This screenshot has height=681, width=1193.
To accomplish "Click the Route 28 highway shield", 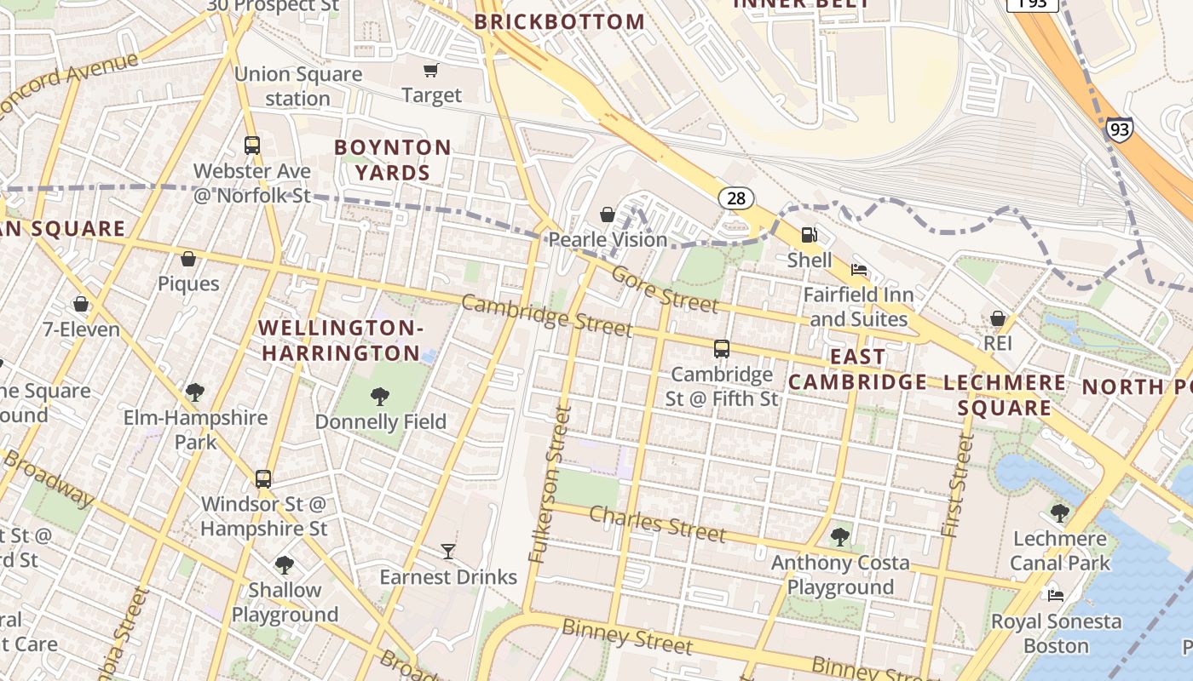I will [x=736, y=198].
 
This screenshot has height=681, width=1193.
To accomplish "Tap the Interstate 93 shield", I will [x=1120, y=129].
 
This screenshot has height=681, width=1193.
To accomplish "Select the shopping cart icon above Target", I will [x=431, y=70].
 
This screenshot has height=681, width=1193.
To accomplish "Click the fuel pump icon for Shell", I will [x=809, y=234].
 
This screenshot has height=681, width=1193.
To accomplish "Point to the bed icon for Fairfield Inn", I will [x=859, y=270].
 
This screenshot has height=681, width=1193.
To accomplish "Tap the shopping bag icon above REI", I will [x=997, y=318].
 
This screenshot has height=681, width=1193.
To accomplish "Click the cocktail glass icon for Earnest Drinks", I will [x=448, y=552].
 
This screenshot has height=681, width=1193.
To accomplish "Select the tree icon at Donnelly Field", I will [x=380, y=396].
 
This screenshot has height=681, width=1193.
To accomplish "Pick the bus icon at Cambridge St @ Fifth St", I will [x=722, y=348].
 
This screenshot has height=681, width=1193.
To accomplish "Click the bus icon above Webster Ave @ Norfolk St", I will [x=252, y=146].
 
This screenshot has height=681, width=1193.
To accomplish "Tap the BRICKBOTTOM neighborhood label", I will [x=559, y=22].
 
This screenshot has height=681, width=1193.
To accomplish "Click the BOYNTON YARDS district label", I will [x=393, y=160].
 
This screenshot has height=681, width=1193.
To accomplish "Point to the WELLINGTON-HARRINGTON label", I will [x=341, y=340].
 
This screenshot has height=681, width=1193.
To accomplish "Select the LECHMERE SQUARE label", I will [x=1004, y=395].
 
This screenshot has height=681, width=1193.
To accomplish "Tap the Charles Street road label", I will [x=657, y=524].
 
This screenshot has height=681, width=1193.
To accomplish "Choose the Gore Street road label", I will [x=665, y=290].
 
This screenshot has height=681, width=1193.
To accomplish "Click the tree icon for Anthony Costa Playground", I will [x=840, y=537].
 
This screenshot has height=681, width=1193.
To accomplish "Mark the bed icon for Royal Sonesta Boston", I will [x=1056, y=596].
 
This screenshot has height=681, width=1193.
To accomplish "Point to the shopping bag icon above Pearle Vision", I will [x=608, y=215].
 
